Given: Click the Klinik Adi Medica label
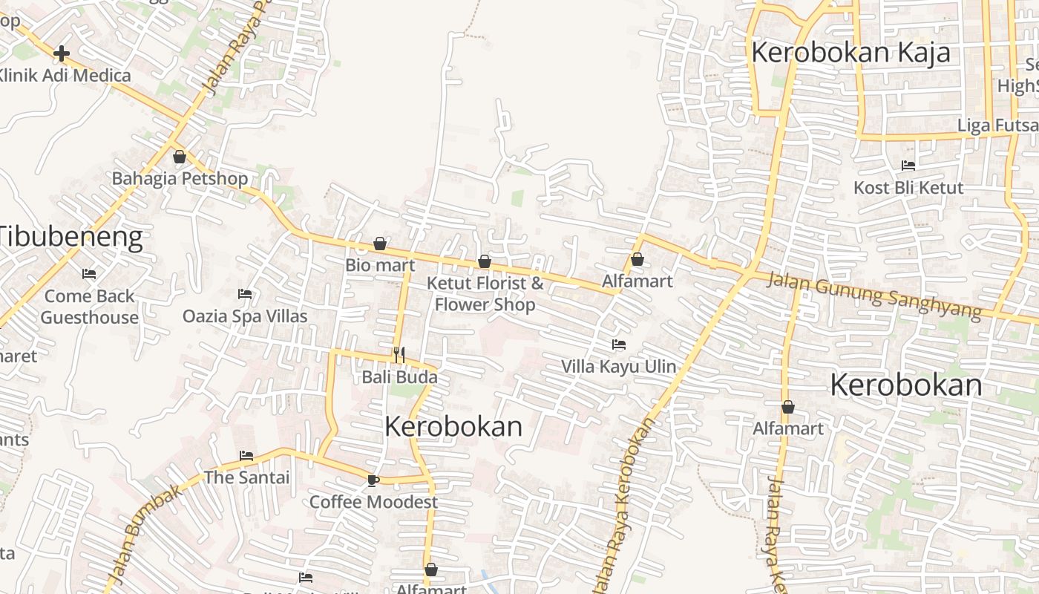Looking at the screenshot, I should (x=65, y=75).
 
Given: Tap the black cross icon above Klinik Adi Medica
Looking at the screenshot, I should (x=62, y=53).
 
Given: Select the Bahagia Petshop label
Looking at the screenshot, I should (x=180, y=178).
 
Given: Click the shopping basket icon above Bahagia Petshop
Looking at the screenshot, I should (x=179, y=157).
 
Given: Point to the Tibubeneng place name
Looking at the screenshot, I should (x=71, y=237).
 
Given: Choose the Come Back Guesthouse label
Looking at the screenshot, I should (x=89, y=307).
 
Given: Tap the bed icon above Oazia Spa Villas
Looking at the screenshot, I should (x=244, y=294).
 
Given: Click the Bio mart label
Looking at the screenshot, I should (x=380, y=265).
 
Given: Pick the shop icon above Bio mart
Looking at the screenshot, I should (x=380, y=244).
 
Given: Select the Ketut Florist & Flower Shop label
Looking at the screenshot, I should (x=485, y=294).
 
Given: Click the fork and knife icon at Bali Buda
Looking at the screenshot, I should (x=399, y=355).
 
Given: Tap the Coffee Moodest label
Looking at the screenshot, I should (x=373, y=502).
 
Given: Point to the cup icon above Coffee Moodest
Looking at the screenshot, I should (x=373, y=480).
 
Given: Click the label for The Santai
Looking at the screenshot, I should (x=246, y=477).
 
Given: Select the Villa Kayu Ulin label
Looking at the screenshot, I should (x=619, y=366).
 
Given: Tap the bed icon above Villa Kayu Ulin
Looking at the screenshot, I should (x=619, y=345).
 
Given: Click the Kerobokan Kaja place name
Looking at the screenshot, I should (x=850, y=53).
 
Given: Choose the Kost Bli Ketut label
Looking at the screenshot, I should (x=908, y=188).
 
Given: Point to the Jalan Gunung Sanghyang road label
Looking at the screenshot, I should (x=874, y=295).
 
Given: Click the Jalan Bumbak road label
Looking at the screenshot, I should (x=145, y=533).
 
